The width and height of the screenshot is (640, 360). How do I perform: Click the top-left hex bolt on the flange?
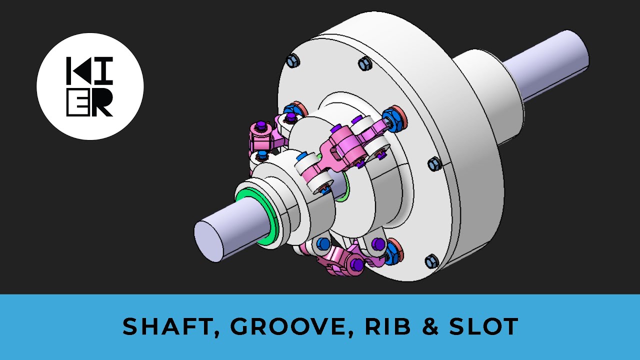pos(292,61)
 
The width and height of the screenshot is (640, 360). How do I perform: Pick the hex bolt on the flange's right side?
pos(434,163)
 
